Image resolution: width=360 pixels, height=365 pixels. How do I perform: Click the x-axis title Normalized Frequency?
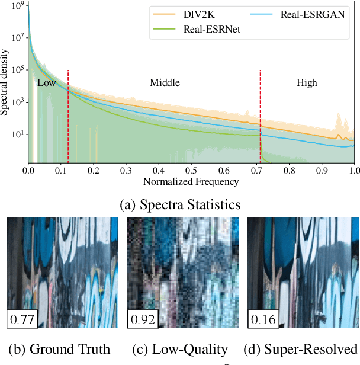(191, 182)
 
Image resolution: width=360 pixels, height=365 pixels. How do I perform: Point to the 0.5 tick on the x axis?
(191, 170)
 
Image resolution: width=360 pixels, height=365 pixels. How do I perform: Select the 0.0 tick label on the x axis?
(28, 170)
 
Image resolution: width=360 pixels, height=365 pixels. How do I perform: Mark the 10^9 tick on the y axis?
(17, 7)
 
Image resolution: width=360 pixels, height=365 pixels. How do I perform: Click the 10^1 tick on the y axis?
(17, 134)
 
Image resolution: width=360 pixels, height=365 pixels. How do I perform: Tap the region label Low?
(46, 83)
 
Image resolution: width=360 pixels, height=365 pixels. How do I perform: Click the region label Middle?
(165, 83)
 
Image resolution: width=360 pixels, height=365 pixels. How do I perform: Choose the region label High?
(307, 83)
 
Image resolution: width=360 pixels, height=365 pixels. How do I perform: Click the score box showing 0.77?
(22, 320)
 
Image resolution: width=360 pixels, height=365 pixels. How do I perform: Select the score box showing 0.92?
(143, 320)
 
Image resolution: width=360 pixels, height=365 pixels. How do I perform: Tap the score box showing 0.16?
(263, 320)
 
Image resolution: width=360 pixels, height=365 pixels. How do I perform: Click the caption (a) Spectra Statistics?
(180, 204)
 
